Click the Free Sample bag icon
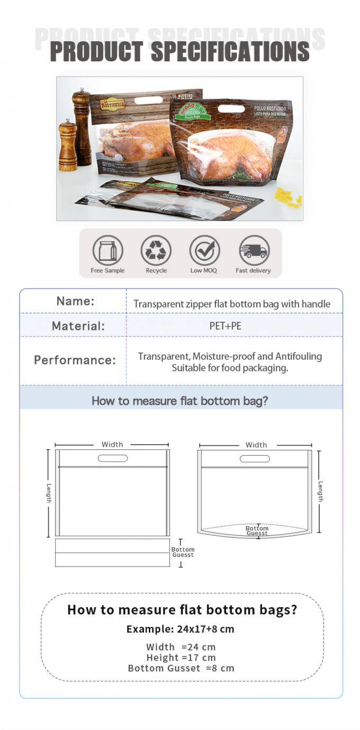[107, 250]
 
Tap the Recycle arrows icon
[156, 250]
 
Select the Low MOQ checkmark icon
[204, 250]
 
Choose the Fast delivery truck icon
[254, 250]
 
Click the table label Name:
[75, 301]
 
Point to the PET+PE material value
[225, 326]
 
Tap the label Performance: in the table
[75, 360]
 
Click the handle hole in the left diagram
[113, 458]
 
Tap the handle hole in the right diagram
[255, 458]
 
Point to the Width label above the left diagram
[112, 445]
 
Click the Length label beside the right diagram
[320, 491]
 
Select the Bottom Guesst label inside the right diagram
[257, 530]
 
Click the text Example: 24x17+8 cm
[180, 629]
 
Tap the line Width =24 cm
[181, 647]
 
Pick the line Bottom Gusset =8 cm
[181, 668]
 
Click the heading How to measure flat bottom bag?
[180, 401]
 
